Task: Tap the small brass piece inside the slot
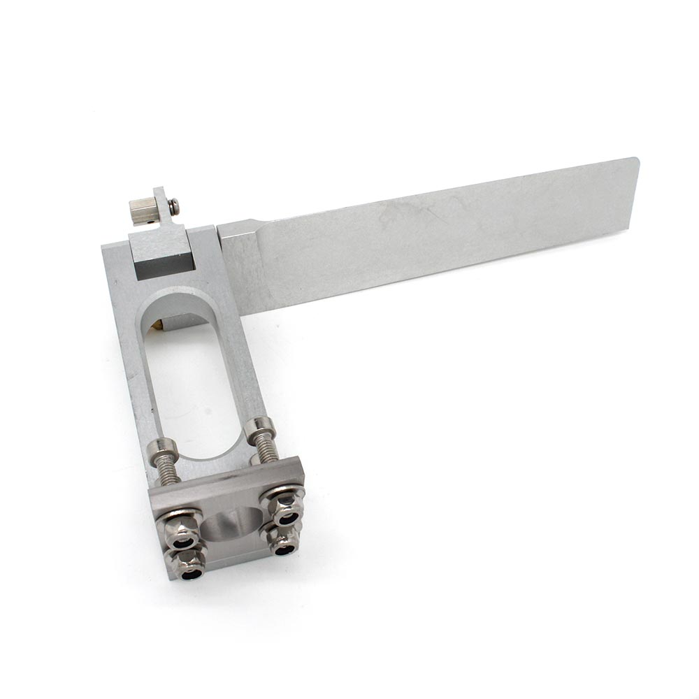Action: coord(161,324)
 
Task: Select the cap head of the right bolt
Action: coord(260,424)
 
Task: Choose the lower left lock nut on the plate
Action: coord(191,563)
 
